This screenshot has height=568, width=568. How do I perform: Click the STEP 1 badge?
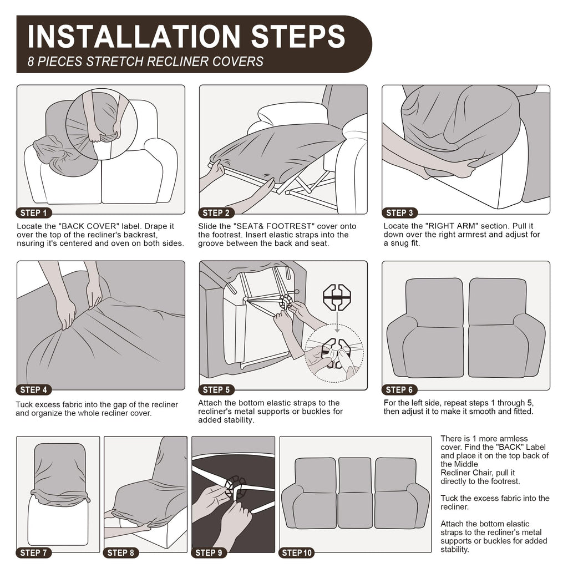[x=34, y=213]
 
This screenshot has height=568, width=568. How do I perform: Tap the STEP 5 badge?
[x=217, y=390]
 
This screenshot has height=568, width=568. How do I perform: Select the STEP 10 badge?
[x=297, y=553]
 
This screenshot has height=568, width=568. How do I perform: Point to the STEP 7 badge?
[x=34, y=553]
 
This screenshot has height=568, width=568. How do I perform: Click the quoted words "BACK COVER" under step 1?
[x=88, y=226]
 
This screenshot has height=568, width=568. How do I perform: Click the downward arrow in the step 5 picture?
[x=337, y=322]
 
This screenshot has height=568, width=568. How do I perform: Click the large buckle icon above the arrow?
[x=337, y=298]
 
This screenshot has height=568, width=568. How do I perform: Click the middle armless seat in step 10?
[x=355, y=492]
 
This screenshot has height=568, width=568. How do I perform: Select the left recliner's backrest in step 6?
[x=434, y=302]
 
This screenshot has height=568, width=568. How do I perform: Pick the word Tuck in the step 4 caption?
[x=24, y=404]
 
